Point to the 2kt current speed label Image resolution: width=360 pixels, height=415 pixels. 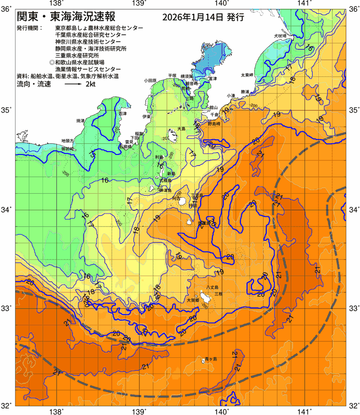91,84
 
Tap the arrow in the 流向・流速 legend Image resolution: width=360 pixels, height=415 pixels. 73,85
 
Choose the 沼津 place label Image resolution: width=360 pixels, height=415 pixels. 122,113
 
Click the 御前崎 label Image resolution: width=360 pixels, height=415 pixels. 68,148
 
